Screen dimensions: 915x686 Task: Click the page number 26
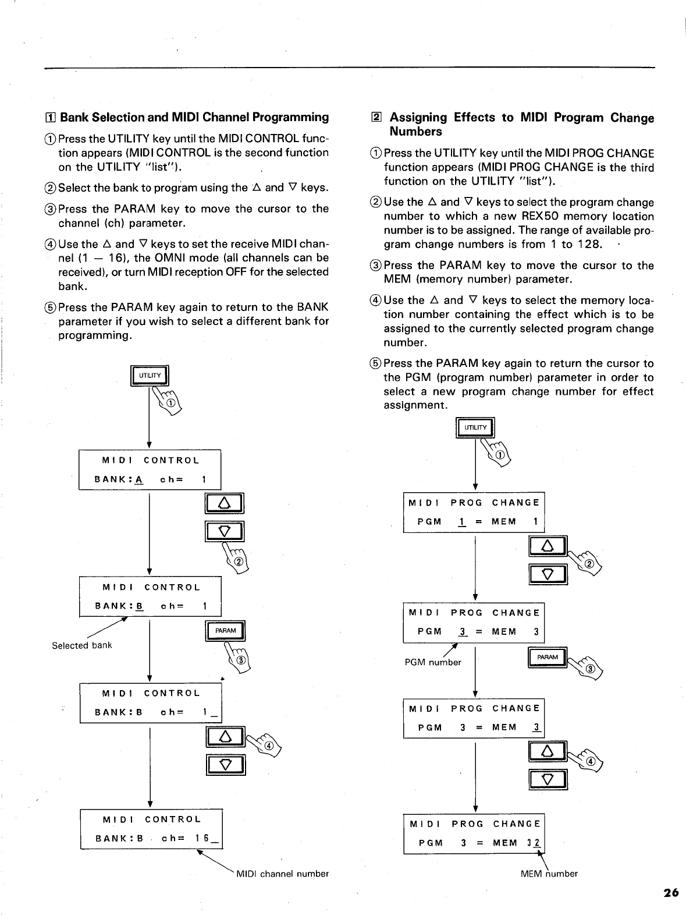click(670, 893)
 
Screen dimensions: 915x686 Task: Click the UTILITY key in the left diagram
click(150, 376)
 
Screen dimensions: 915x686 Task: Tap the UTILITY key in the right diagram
click(475, 428)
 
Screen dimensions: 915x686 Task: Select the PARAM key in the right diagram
click(548, 658)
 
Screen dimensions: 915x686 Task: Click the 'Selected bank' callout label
click(81, 645)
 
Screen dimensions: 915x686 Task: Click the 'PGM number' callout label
click(433, 662)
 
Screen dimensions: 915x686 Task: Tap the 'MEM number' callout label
click(549, 874)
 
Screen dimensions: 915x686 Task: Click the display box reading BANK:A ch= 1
click(150, 470)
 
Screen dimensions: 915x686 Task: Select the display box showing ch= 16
click(151, 829)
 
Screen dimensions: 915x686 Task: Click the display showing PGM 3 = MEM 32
click(474, 833)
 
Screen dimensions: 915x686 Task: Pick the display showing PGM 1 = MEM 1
click(474, 512)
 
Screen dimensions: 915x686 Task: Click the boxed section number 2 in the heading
click(376, 118)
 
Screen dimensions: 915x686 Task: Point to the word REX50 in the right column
click(541, 217)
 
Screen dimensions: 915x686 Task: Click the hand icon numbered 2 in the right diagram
click(588, 562)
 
